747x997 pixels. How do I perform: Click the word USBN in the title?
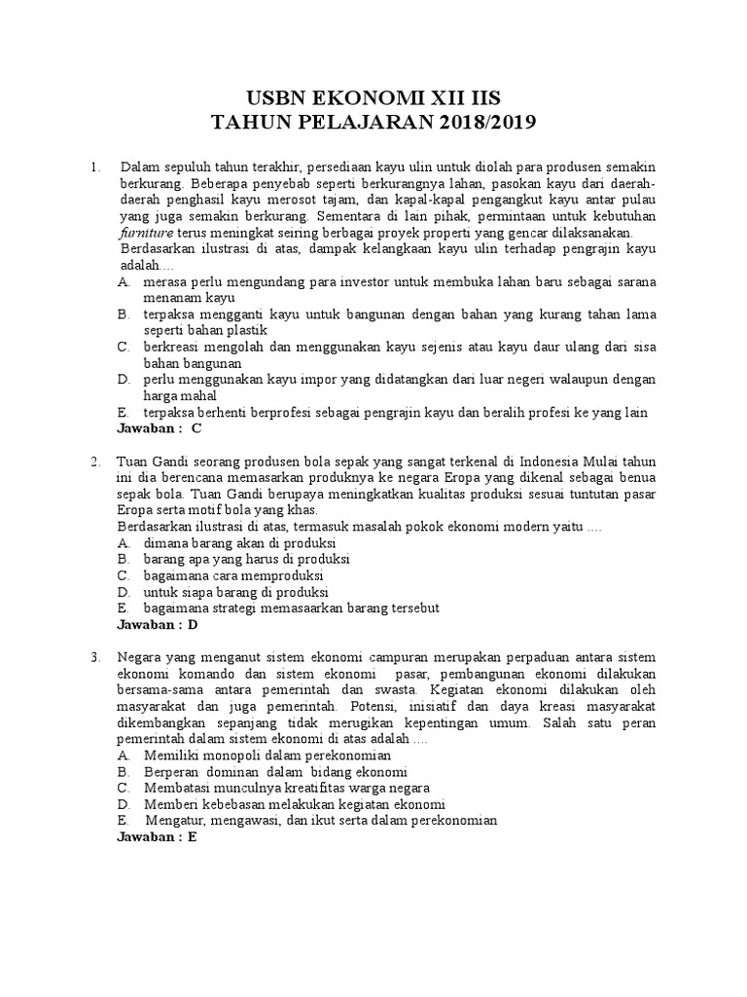279,95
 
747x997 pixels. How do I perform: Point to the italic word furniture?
145,234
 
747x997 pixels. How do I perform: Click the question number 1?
95,167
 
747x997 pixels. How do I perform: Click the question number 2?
95,462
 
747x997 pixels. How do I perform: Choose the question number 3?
95,657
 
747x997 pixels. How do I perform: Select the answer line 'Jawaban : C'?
159,427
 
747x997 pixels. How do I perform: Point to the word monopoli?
231,755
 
